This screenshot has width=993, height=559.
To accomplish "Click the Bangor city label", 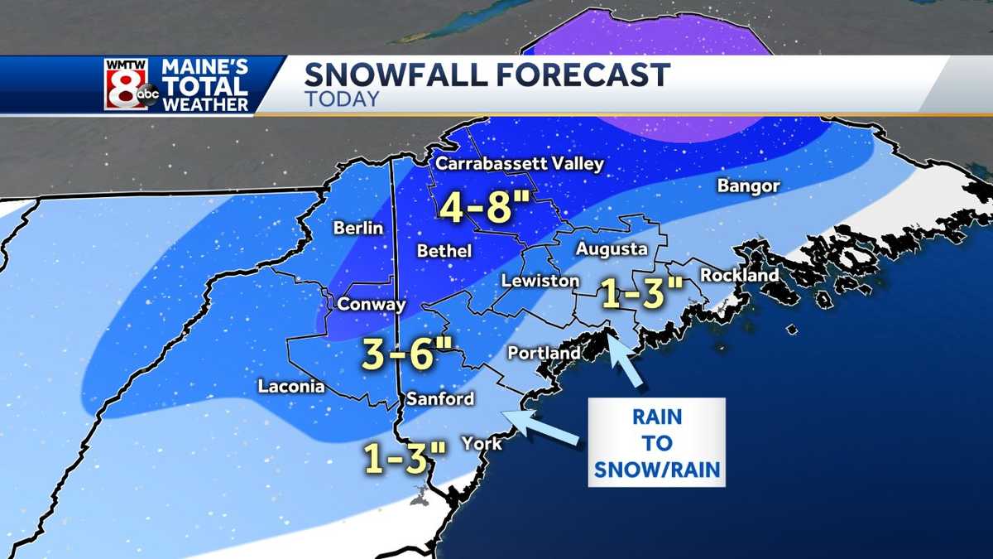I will (x=748, y=186).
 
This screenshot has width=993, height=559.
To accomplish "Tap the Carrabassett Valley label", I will (x=520, y=163).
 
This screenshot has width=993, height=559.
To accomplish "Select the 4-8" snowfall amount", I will (x=484, y=208).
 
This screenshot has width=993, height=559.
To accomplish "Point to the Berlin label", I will (x=358, y=228).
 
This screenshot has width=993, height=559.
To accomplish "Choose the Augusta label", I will (x=612, y=248).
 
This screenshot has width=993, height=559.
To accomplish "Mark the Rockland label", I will (x=739, y=275).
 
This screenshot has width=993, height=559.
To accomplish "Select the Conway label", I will (x=372, y=305).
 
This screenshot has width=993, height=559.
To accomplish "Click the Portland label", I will (x=544, y=354).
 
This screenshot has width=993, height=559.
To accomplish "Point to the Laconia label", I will (x=290, y=386).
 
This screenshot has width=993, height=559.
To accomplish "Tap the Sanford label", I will (x=439, y=399).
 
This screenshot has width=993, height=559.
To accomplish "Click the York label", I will (x=482, y=444).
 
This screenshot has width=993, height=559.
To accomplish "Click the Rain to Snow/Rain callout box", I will (x=656, y=442).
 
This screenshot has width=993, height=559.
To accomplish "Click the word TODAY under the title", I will (x=341, y=99).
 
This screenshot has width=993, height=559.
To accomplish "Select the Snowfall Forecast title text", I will (x=487, y=75).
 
